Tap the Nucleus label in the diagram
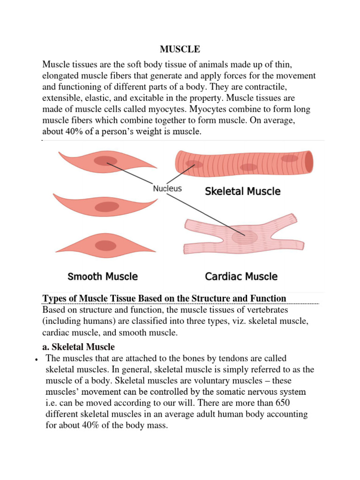(167, 189)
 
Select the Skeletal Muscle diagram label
(243, 191)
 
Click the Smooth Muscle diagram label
(103, 276)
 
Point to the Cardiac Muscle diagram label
(241, 276)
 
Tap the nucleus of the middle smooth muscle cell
(107, 207)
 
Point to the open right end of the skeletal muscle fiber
(308, 161)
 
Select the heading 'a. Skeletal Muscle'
(78, 347)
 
